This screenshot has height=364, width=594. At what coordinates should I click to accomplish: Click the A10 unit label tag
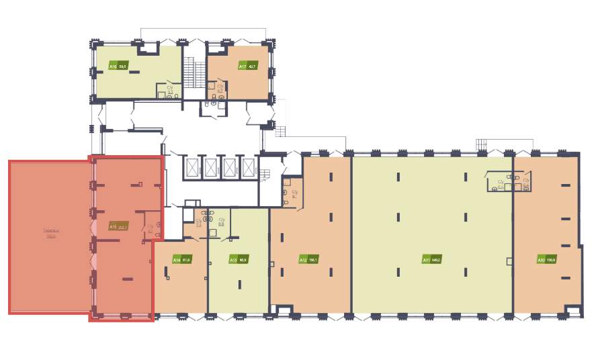click(x=542, y=260)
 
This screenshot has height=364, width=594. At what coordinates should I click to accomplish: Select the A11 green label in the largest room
click(x=426, y=260)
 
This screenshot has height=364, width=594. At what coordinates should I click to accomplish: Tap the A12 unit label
click(x=303, y=259)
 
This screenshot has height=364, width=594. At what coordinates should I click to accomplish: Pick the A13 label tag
click(x=233, y=259)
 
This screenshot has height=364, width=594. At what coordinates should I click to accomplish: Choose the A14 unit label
click(x=177, y=259)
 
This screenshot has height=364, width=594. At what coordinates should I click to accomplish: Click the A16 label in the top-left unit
click(x=113, y=67)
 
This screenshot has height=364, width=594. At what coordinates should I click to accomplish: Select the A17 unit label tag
click(x=243, y=67)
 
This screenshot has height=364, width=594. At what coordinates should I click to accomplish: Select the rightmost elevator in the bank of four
click(x=249, y=168)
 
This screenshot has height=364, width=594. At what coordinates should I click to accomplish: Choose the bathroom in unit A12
click(x=288, y=194)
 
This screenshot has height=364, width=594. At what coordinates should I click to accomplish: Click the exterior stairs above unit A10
click(x=481, y=144)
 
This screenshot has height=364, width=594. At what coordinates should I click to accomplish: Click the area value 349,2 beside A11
click(x=435, y=260)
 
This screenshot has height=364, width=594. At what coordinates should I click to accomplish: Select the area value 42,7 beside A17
click(x=253, y=67)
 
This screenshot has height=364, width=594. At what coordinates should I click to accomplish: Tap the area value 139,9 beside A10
click(x=551, y=260)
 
